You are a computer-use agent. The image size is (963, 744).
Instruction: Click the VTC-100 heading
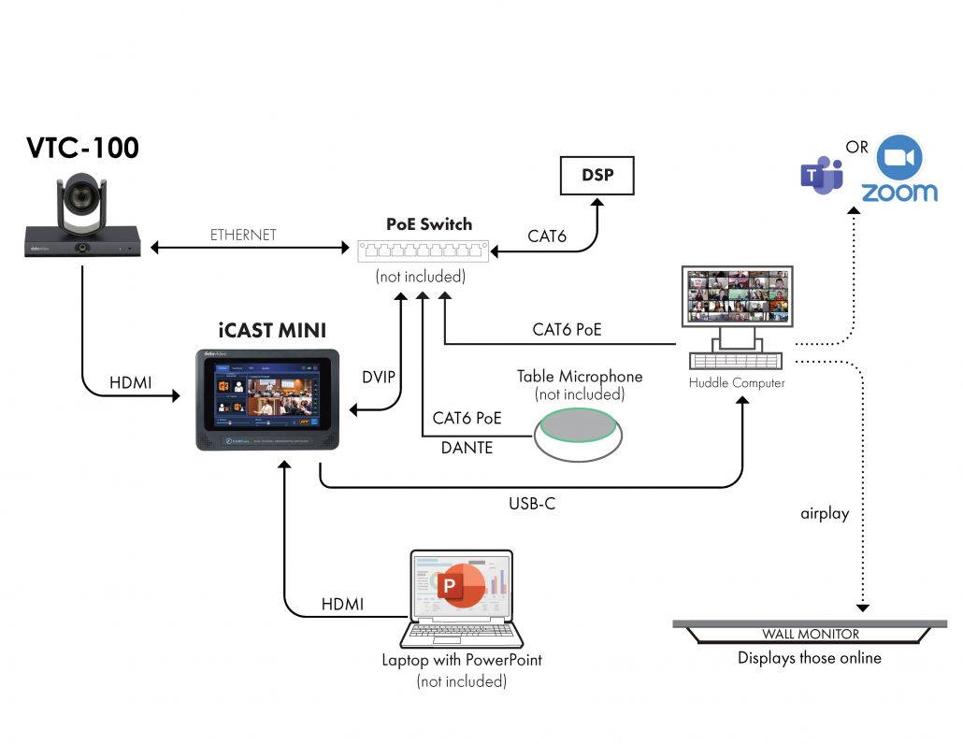(x=81, y=149)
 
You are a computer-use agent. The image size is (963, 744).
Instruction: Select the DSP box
(x=596, y=175)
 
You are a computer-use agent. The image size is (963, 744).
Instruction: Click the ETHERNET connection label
(x=243, y=235)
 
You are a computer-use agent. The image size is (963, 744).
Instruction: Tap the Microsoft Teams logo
(x=822, y=176)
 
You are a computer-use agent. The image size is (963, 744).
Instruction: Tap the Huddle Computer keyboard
(x=739, y=360)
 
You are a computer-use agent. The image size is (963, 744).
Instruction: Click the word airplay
(x=825, y=513)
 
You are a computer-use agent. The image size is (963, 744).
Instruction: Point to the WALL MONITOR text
(x=810, y=634)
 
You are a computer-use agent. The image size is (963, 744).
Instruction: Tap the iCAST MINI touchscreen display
(x=266, y=397)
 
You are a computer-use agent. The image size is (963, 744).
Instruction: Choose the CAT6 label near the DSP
(x=547, y=236)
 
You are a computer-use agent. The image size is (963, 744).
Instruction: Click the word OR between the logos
(x=857, y=148)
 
